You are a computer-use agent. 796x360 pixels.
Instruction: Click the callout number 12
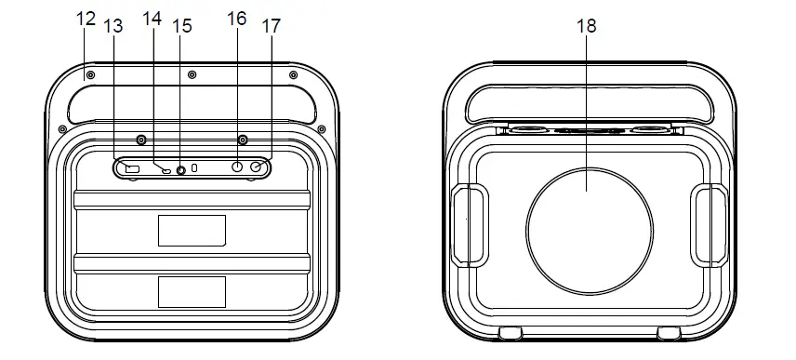point(86,19)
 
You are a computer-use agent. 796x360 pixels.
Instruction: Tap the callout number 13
point(113,26)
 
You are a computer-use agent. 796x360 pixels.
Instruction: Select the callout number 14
point(152,19)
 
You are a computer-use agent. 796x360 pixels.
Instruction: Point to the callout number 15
point(182,26)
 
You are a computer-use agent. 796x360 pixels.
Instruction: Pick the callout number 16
point(236,19)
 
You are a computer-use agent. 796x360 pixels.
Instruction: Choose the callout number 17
point(272,26)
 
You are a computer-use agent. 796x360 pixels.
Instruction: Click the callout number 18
point(587,26)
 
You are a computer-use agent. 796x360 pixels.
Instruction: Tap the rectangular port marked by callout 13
point(132,168)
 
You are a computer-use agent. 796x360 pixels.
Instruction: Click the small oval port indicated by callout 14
point(166,170)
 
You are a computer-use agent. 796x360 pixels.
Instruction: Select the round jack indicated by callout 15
point(180,170)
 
